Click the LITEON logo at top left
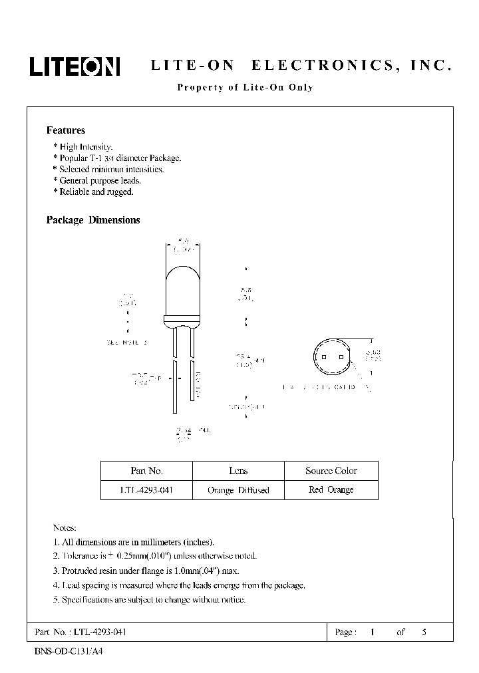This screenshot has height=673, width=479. point(74,66)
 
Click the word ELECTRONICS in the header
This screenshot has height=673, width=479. point(326,66)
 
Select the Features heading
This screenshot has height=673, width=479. point(66,130)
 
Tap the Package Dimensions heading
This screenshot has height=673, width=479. point(93,220)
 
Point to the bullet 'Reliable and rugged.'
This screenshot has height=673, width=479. point(96,192)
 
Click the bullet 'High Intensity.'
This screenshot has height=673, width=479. point(86,147)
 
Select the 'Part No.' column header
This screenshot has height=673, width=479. point(146,471)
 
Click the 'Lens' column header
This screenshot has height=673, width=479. point(238,471)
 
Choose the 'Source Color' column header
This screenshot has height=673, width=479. point(331,471)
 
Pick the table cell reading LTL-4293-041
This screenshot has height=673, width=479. point(146,490)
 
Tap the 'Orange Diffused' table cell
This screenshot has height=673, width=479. point(238,490)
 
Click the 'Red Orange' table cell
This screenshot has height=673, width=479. point(331,490)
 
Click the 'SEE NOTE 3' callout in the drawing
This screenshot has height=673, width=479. point(126,342)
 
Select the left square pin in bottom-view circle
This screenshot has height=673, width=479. point(323,356)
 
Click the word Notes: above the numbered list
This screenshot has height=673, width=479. point(65,527)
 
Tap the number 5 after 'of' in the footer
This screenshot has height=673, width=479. point(424,632)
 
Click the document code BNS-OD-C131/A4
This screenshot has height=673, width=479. point(69,651)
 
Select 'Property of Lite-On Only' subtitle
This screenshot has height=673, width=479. point(244,87)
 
